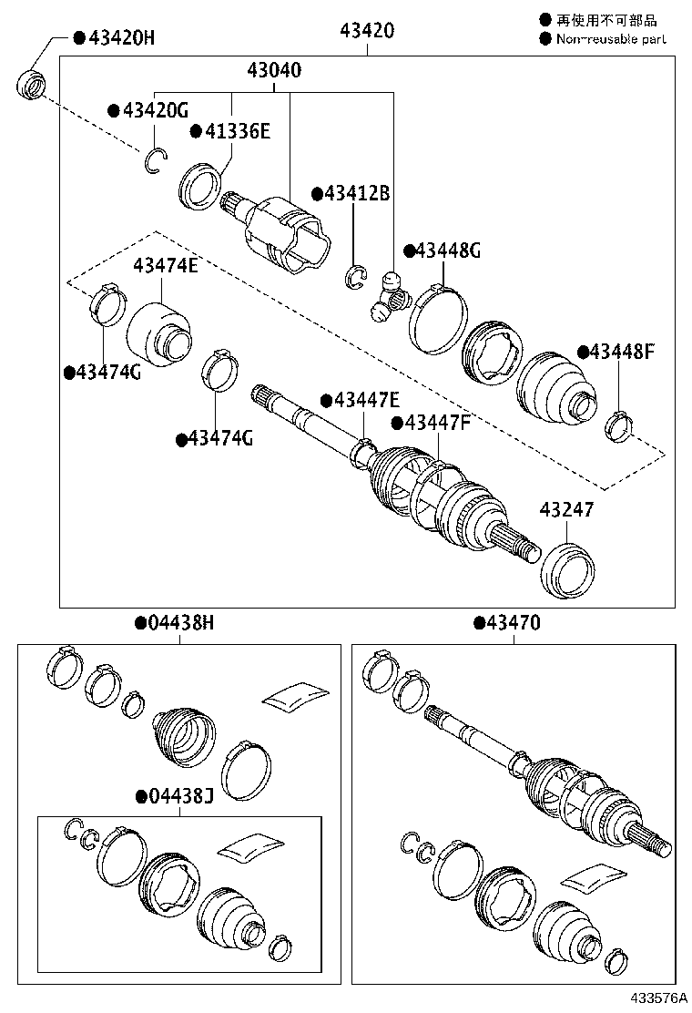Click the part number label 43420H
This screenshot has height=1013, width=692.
[x=121, y=37]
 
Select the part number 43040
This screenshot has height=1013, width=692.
[x=273, y=70]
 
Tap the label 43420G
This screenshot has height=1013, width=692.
[x=156, y=110]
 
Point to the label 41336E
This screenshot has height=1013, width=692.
[x=237, y=131]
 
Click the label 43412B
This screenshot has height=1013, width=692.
[x=357, y=194]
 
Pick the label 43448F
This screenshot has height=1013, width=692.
[x=622, y=352]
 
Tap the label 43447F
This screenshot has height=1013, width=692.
[x=437, y=423]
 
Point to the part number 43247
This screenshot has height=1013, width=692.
[x=566, y=510]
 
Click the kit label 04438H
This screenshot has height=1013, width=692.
[x=180, y=623]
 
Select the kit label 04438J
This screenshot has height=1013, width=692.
[x=180, y=796]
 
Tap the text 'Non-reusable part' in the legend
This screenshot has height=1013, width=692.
[x=610, y=39]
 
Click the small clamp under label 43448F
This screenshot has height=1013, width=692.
[x=619, y=424]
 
